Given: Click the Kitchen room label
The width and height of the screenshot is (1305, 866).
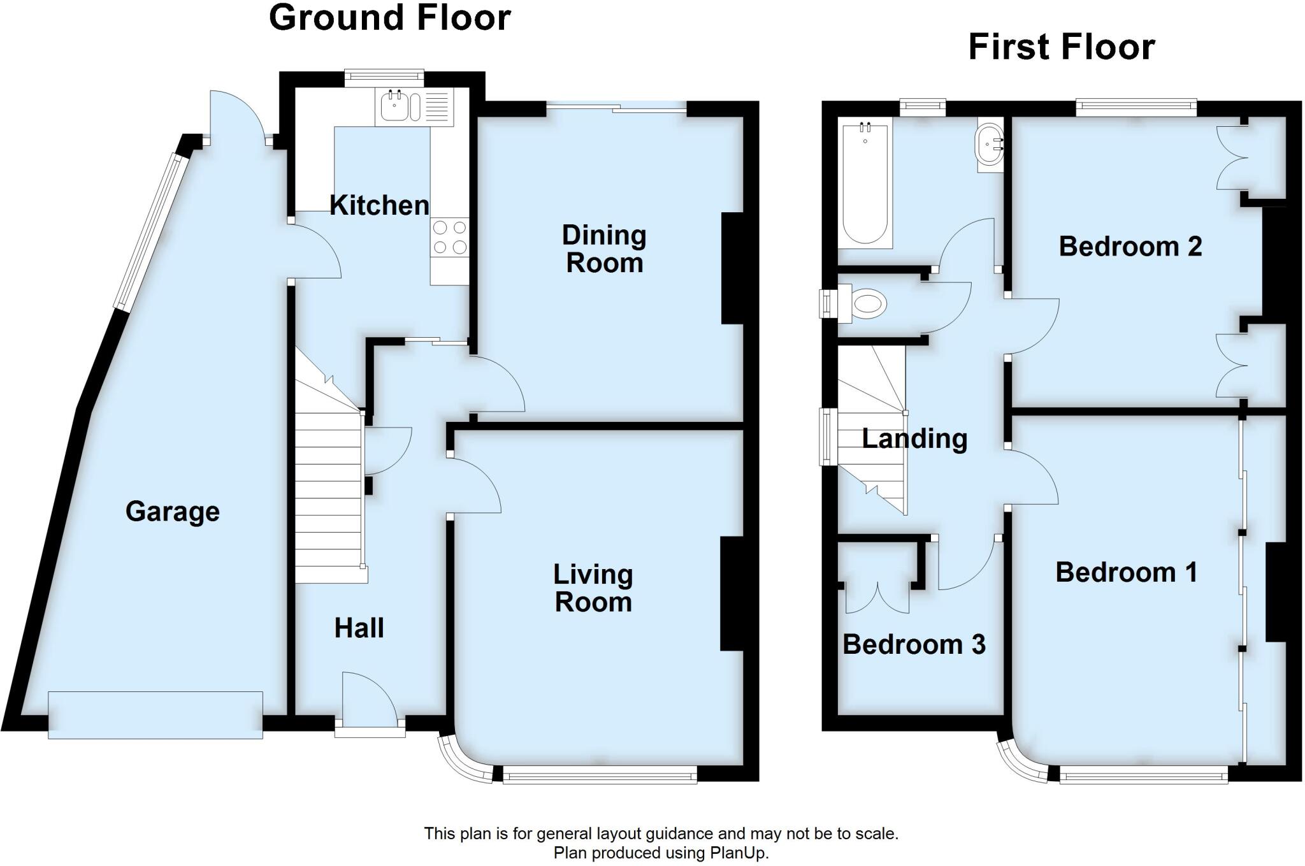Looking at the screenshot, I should pyautogui.click(x=379, y=205).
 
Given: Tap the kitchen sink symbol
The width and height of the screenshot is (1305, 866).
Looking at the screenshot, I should pyautogui.click(x=396, y=106).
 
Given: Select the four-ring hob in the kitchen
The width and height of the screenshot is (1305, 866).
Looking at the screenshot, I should pyautogui.click(x=449, y=237).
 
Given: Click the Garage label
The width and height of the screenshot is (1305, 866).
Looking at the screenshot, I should pyautogui.click(x=173, y=512).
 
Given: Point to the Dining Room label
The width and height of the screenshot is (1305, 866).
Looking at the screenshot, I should pyautogui.click(x=604, y=249).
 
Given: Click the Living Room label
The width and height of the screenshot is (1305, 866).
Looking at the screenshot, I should pyautogui.click(x=593, y=588).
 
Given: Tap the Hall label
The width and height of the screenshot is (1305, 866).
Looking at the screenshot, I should pyautogui.click(x=359, y=628).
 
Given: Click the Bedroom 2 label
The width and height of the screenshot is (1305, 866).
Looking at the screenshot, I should pyautogui.click(x=1130, y=247).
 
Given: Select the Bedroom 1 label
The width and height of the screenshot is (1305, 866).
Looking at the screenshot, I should pyautogui.click(x=1126, y=572).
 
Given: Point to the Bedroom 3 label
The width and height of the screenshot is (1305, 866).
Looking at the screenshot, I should pyautogui.click(x=914, y=645).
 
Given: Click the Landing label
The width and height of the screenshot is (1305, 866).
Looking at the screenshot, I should pyautogui.click(x=914, y=439).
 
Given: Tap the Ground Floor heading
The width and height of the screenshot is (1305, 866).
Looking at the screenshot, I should pyautogui.click(x=389, y=18).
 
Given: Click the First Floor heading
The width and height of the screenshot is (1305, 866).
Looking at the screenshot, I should pyautogui.click(x=1061, y=47).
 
